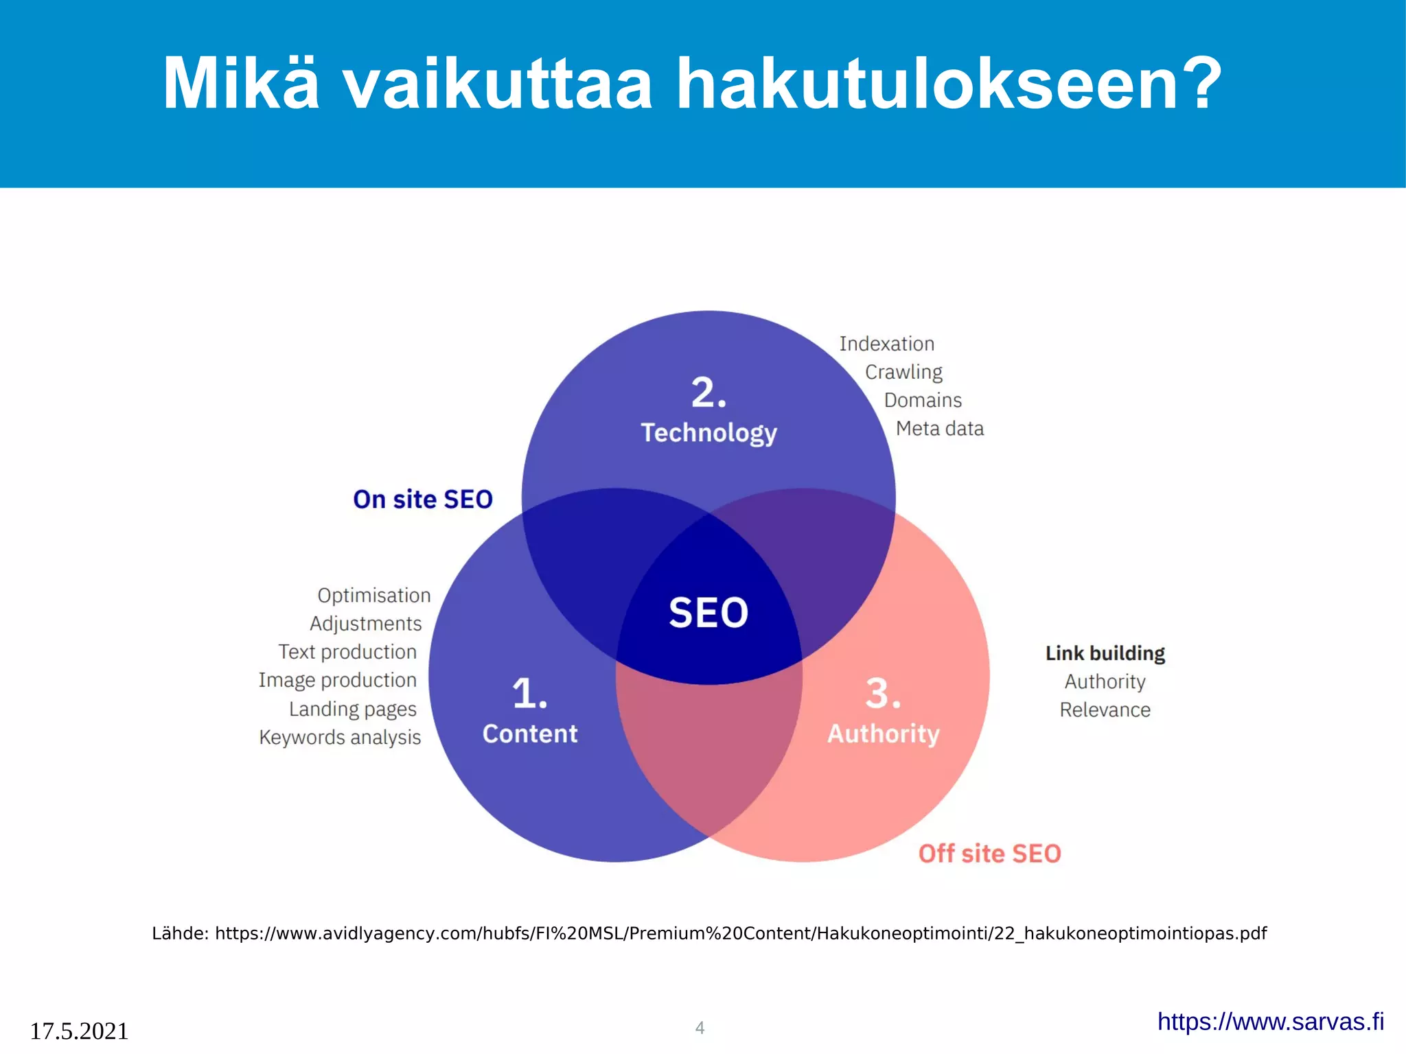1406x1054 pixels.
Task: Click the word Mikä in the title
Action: coord(240,84)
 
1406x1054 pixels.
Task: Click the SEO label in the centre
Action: coord(708,613)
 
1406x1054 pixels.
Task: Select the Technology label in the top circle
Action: coord(708,433)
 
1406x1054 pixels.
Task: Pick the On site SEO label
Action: coord(422,500)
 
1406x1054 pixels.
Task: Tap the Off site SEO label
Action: coord(989,854)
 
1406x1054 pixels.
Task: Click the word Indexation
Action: coord(886,344)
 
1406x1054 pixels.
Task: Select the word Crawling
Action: coord(903,372)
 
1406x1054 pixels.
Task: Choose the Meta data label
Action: coord(939,429)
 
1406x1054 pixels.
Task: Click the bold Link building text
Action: coord(1105,653)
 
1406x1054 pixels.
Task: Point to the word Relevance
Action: coord(1105,710)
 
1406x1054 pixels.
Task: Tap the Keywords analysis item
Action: coord(340,738)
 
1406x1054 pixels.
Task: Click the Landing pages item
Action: coord(352,709)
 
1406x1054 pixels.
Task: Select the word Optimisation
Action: coord(373,596)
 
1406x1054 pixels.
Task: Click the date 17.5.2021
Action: coord(79,1031)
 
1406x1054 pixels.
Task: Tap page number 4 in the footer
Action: coord(700,1028)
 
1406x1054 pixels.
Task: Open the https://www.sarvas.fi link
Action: coord(1270,1022)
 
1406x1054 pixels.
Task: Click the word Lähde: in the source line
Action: coord(180,934)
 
